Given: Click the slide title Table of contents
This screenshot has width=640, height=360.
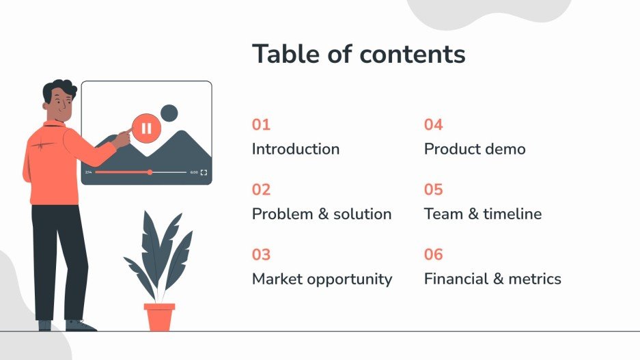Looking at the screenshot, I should coord(359,54).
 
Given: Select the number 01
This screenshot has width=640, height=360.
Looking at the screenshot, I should coord(261,125).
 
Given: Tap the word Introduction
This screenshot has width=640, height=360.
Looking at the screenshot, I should coord(295,149).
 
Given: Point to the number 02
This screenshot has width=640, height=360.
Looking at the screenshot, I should coord(261,190).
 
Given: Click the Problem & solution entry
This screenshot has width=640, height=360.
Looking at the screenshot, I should coord(322,214).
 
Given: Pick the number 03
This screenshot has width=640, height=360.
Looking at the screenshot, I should coord(261,255).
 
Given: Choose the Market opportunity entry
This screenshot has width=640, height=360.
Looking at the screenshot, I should coord(322,279).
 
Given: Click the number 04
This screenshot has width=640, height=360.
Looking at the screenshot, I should coord(433,125).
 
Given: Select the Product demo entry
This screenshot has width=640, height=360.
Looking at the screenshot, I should coord(475,149).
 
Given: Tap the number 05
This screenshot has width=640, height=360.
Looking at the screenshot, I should coord(433,190).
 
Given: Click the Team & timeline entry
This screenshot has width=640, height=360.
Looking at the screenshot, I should coord(482,214).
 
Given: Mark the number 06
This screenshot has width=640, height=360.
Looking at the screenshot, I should coord(433,255).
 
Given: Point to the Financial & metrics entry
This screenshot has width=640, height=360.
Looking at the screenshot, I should coord(492,279).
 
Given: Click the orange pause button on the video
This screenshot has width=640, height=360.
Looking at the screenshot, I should coord(145,128).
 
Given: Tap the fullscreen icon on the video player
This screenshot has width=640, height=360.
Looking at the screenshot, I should coord(204,173).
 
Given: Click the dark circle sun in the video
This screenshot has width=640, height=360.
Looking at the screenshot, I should coord(168,113).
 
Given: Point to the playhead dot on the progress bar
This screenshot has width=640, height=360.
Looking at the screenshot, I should coord(150,172).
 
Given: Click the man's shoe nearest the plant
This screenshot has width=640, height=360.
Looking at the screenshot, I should coord(80,326).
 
